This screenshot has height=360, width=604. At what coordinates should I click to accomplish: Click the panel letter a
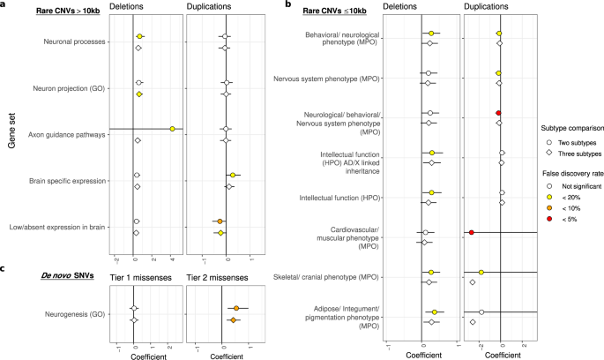pos(5,6)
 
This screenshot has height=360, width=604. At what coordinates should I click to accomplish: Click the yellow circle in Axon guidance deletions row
pos(173,129)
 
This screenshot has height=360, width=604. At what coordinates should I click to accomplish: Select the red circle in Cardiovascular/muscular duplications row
pos(472,233)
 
